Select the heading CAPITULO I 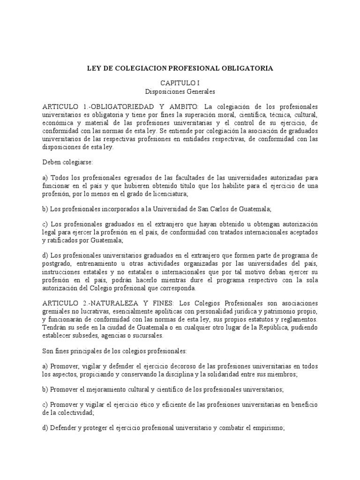click(x=180, y=82)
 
